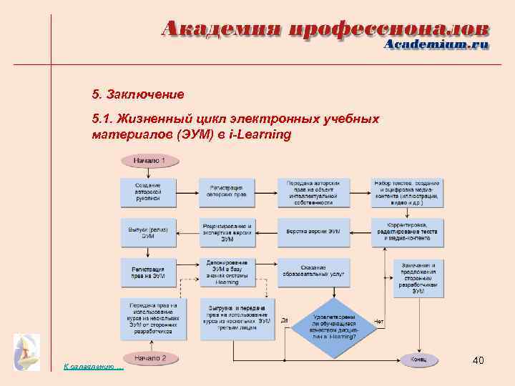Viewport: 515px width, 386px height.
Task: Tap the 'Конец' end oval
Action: [x=418, y=359]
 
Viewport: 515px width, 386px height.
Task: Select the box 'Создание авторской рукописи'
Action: [x=148, y=192]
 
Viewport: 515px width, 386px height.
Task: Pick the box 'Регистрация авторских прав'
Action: [x=227, y=192]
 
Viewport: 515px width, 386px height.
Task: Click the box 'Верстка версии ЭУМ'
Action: [x=314, y=232]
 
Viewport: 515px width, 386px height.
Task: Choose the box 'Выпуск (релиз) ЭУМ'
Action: [x=148, y=232]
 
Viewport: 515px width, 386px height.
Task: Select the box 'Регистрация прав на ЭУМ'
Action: [x=148, y=272]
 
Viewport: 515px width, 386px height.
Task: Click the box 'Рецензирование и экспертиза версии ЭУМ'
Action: [x=227, y=232]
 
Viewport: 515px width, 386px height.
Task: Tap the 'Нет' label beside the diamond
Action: [x=379, y=322]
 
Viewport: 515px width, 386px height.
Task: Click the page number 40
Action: [x=479, y=361]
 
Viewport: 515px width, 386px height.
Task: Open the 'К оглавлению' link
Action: [x=93, y=367]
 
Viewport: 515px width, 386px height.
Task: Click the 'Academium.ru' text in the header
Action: [x=437, y=44]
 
